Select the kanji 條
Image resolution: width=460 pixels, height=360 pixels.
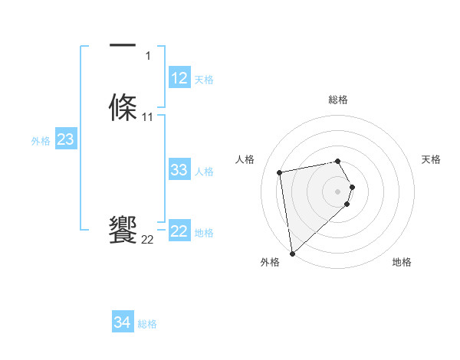[123, 106]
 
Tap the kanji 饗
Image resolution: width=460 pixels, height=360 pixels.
[123, 230]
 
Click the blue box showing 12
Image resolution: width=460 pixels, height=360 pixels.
[179, 78]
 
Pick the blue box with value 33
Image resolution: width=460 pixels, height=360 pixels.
[179, 170]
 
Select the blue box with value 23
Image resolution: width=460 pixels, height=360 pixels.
[65, 139]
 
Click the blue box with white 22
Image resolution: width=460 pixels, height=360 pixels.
[179, 231]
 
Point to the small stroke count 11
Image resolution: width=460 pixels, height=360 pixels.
[148, 117]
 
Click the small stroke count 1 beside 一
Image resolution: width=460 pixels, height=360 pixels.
[148, 56]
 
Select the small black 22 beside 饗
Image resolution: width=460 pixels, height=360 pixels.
[148, 240]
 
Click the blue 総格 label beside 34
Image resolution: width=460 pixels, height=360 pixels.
[147, 324]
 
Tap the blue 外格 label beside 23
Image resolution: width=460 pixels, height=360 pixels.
[41, 141]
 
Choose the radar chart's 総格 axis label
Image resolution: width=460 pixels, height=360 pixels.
[338, 100]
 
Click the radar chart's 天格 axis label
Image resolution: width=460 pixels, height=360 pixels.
[431, 159]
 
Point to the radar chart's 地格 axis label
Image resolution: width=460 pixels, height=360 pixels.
[402, 262]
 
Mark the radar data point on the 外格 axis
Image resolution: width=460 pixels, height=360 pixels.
[292, 253]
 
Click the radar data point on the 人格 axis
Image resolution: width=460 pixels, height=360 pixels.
[280, 172]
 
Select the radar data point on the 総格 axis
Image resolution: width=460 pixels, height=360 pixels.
[338, 161]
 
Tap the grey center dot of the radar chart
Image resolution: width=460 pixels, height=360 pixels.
[338, 191]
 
